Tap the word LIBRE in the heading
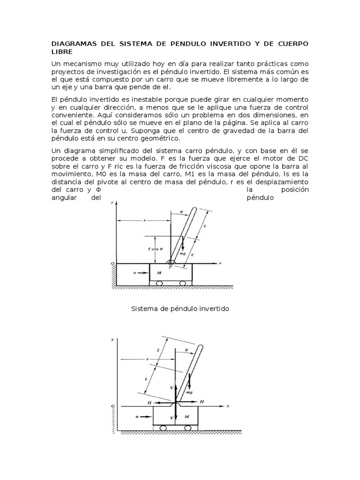click(60, 52)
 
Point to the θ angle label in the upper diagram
click(181, 212)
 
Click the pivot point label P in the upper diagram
click(170, 267)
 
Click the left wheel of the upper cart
click(159, 283)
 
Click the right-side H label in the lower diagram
click(202, 402)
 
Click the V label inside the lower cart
click(172, 417)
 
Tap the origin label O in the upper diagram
click(112, 264)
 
